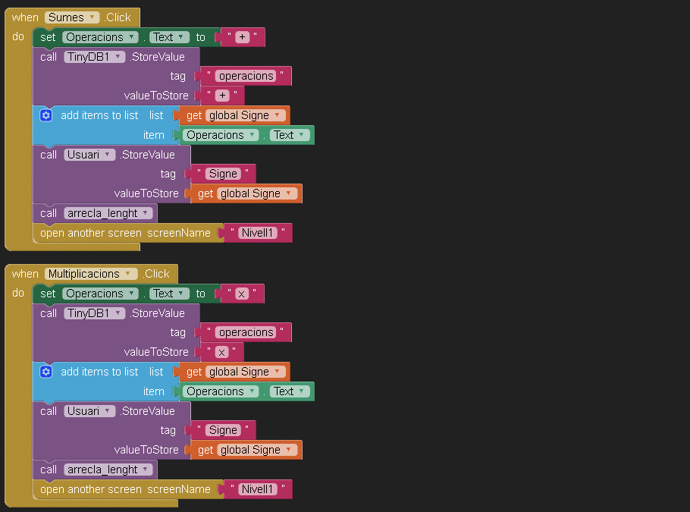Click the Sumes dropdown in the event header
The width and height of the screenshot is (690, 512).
tap(72, 17)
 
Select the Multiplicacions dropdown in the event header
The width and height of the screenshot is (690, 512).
tap(91, 274)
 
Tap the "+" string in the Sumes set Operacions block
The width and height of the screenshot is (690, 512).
tap(243, 37)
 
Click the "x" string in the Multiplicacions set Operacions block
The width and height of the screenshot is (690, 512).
tap(242, 294)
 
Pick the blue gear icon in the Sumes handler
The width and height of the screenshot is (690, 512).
tap(45, 115)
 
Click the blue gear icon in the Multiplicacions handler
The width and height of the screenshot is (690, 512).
tap(45, 372)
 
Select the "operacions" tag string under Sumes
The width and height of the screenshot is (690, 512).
tap(246, 76)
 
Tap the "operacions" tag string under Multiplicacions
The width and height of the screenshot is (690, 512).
tap(246, 332)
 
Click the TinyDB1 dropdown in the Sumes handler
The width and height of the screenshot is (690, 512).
tap(94, 57)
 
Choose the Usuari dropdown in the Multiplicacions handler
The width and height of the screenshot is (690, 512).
tap(89, 411)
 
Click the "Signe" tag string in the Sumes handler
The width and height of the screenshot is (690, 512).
tap(223, 174)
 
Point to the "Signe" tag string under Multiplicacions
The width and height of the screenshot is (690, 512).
tap(223, 430)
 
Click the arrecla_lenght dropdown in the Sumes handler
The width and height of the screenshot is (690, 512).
tap(108, 213)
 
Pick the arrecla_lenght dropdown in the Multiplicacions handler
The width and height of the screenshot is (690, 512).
tap(108, 470)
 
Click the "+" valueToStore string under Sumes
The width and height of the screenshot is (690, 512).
tap(222, 96)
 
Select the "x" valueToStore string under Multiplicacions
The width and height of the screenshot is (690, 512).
tap(221, 352)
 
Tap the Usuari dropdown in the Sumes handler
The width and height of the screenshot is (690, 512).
tap(89, 155)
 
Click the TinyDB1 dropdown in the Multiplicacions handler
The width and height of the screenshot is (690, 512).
tap(94, 313)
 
